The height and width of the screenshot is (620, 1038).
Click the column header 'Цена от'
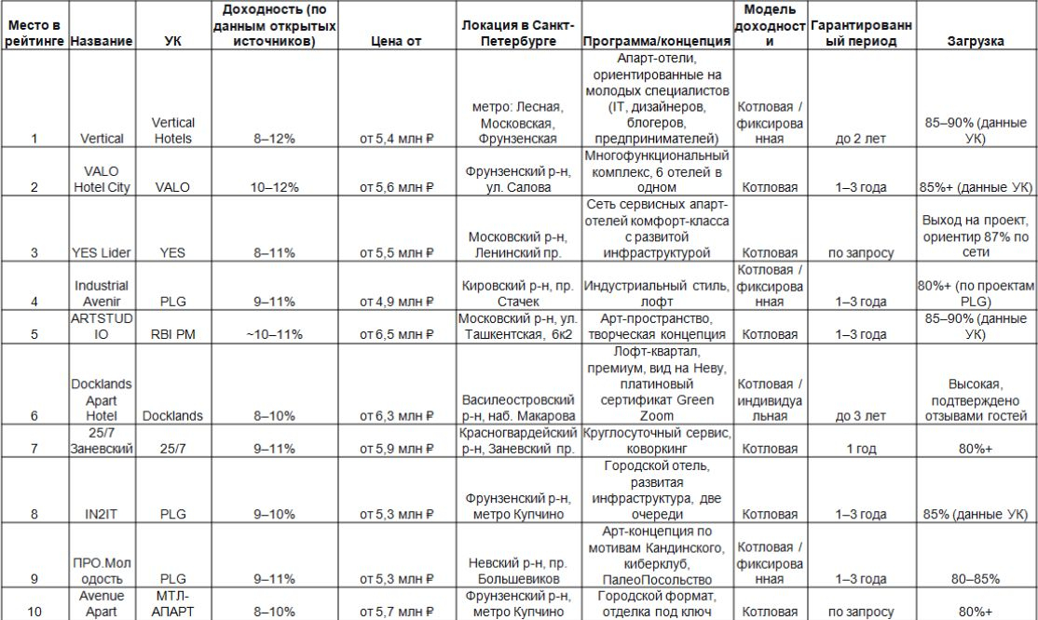point(397,42)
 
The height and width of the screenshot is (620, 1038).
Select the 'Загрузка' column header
point(976,42)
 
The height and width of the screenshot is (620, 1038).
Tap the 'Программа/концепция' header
point(656,42)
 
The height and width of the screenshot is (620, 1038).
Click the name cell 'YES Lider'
point(102,253)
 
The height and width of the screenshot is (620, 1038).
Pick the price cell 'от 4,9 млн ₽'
point(397,302)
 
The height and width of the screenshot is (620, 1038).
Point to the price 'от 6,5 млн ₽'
point(397,334)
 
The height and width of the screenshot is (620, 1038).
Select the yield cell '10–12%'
point(275,187)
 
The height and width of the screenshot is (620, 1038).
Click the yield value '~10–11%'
point(275,334)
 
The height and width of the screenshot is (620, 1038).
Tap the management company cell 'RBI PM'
point(172,334)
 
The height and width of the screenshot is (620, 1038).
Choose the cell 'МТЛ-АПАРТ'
point(172,603)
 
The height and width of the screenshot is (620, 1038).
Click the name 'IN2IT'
point(102,514)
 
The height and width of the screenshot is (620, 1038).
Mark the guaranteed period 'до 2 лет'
point(861,139)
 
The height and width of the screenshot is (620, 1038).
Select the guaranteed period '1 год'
point(861,449)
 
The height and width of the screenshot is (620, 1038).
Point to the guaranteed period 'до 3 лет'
point(861,416)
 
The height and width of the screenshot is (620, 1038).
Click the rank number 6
point(34,416)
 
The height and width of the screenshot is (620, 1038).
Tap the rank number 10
point(34,612)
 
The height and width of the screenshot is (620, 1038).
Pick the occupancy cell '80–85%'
point(976,578)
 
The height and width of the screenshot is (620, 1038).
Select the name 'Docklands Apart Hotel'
point(102,400)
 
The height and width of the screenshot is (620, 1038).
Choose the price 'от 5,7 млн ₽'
point(397,612)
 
